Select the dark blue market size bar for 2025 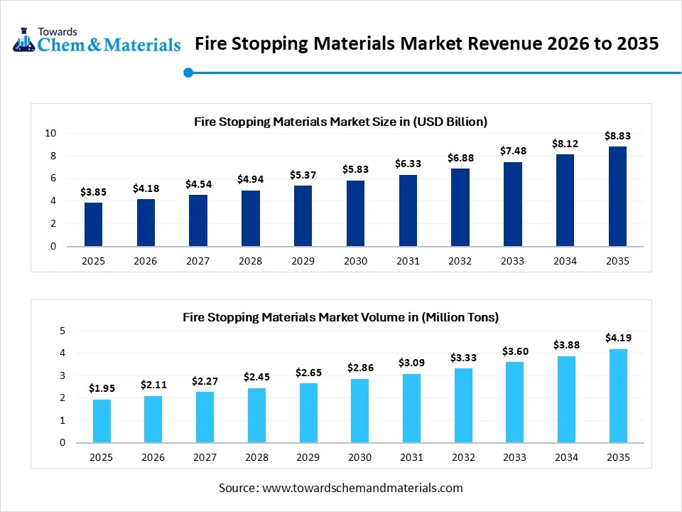93,225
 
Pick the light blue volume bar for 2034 566,399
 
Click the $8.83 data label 617,135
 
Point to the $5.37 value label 303,175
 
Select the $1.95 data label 102,388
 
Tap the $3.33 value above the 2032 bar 462,358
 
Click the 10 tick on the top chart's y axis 50,134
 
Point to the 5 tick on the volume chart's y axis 62,331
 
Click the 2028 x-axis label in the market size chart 250,261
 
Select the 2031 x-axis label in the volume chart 411,457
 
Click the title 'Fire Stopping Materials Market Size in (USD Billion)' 340,122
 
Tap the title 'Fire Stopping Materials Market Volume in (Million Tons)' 340,317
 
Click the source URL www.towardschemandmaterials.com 362,488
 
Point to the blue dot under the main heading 188,72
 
